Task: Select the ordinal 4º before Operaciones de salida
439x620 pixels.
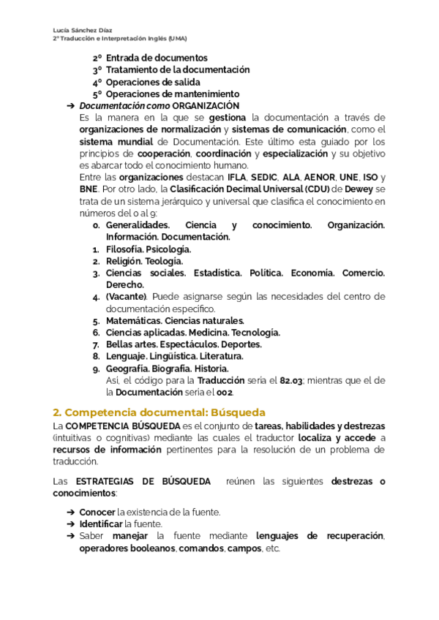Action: (97, 82)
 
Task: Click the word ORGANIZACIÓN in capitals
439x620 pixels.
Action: (211, 106)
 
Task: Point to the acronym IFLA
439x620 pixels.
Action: (237, 177)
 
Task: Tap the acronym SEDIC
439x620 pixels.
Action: (266, 177)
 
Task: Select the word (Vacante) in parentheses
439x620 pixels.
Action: (127, 296)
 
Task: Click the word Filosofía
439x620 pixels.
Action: (124, 249)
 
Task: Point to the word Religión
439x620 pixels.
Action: (124, 261)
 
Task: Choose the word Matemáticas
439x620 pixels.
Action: (133, 320)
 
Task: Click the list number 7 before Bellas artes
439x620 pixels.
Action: (96, 344)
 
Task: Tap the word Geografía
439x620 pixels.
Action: (127, 368)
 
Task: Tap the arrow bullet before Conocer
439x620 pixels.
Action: (70, 512)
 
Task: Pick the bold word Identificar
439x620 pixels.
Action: (101, 523)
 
